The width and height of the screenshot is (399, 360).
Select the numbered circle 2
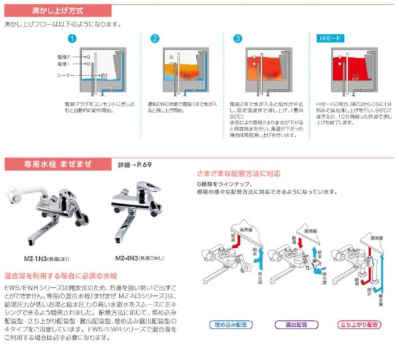click(x=155, y=39)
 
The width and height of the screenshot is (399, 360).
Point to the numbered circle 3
click(x=237, y=39)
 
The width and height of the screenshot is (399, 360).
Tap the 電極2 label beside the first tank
click(x=64, y=58)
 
